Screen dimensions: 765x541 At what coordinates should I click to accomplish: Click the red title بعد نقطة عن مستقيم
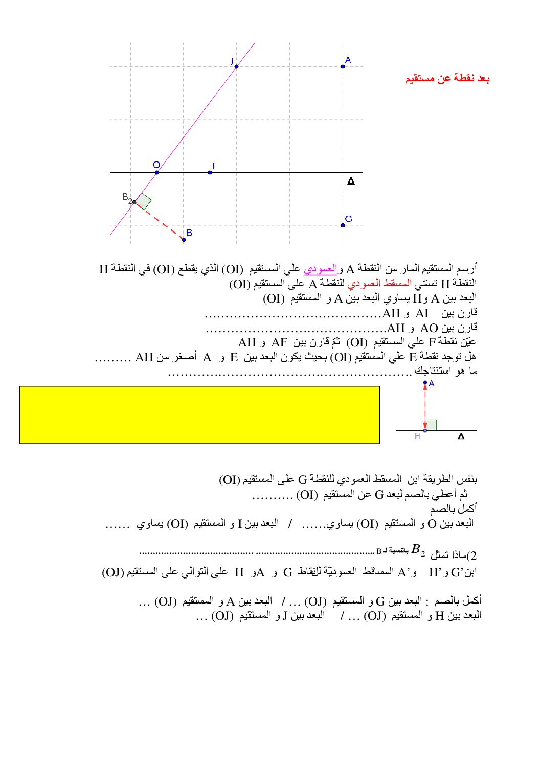(447, 79)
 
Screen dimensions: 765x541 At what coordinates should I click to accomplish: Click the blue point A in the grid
(343, 66)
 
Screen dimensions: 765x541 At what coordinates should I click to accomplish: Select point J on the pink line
(236, 66)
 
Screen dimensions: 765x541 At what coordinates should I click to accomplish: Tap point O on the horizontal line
(157, 172)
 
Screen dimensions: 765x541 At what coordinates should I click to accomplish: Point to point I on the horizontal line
(210, 172)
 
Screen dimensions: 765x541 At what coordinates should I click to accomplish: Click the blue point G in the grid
(343, 225)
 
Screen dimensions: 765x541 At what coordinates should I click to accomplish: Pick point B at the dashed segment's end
(184, 239)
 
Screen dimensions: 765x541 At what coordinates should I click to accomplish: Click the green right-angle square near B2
(143, 201)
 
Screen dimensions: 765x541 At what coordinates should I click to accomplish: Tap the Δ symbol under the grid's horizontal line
(351, 181)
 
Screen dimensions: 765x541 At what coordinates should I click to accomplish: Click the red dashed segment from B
(160, 221)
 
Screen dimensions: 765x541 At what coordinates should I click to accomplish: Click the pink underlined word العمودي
(321, 268)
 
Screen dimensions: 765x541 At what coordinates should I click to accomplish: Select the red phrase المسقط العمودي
(379, 283)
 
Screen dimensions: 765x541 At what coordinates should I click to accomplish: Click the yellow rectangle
(199, 414)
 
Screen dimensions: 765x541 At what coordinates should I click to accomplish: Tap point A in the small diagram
(425, 383)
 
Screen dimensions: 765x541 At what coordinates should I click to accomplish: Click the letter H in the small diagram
(417, 437)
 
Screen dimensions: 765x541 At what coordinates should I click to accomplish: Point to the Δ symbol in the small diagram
(461, 437)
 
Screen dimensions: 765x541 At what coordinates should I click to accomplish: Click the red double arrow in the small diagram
(425, 406)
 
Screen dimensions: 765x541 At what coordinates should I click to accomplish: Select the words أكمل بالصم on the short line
(453, 508)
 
